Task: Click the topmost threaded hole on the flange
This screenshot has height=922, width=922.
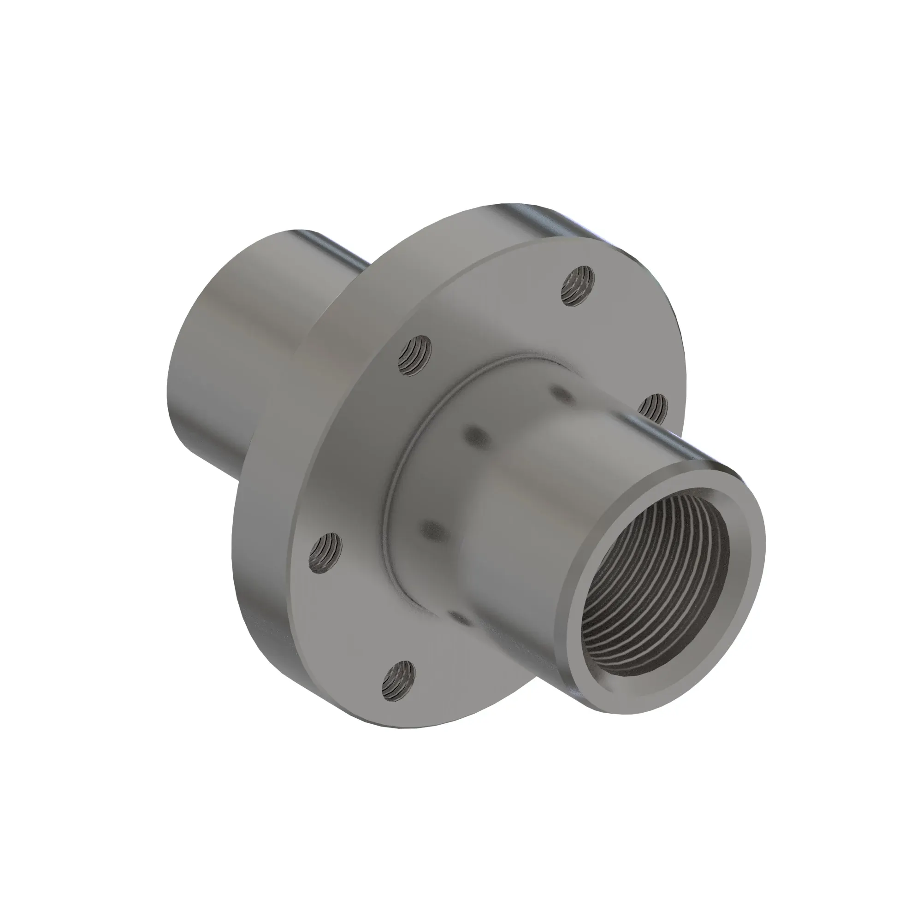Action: click(x=578, y=285)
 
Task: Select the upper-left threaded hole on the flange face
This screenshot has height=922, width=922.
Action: click(x=415, y=355)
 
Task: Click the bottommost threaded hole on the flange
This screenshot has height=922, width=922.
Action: click(x=398, y=680)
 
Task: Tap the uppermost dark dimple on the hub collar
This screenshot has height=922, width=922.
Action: click(x=561, y=394)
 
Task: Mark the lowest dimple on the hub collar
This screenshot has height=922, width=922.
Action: click(x=462, y=619)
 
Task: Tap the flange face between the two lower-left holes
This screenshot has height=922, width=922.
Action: click(x=353, y=621)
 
